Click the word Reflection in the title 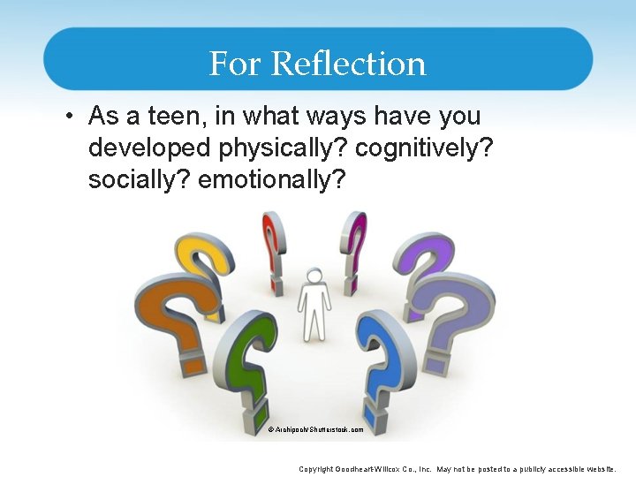pos(349,64)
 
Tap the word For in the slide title pos(236,64)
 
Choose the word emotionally pos(273,179)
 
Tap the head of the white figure pos(314,275)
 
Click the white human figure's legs pos(314,322)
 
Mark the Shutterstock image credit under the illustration pos(315,429)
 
